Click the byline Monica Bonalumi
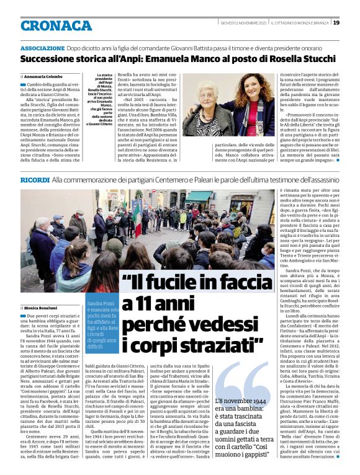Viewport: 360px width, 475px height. tap(43, 308)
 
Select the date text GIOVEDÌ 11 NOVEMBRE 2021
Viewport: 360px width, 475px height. tap(243, 23)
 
